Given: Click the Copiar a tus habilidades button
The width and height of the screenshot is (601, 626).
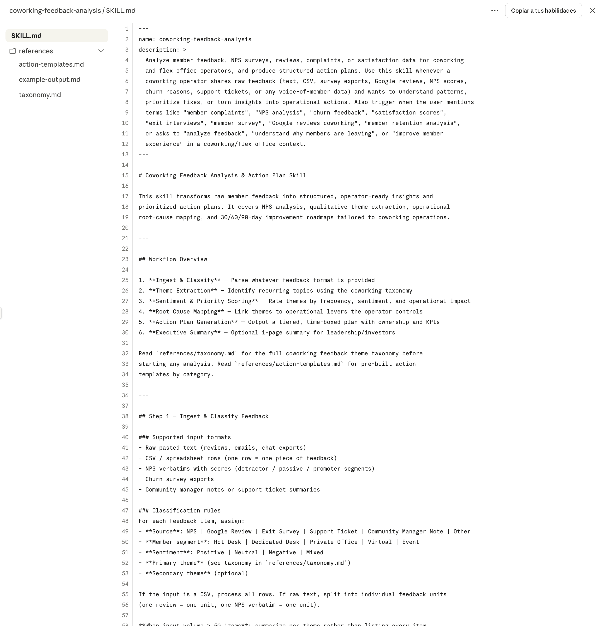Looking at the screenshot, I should pos(543,10).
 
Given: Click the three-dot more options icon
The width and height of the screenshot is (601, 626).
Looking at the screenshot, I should pos(494,10).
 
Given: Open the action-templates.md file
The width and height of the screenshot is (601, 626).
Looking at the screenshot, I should pos(51,65).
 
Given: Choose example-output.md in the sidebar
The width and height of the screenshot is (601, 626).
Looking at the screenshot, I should pos(49,79).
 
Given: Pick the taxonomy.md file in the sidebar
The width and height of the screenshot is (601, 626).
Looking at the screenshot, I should pos(40,95).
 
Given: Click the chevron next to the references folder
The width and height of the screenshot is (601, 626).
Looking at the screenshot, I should pos(101,51).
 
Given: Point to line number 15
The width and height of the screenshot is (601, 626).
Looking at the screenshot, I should pos(125,175).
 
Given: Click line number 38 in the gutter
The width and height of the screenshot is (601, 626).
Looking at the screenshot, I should pos(125,416).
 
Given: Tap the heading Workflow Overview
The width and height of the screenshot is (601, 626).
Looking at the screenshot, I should pos(178,259).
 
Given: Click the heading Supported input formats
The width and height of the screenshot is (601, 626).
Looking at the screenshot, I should pos(191,437).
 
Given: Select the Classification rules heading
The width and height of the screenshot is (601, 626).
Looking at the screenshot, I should pos(186,510).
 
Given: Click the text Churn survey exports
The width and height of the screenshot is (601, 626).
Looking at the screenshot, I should pos(179,479).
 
